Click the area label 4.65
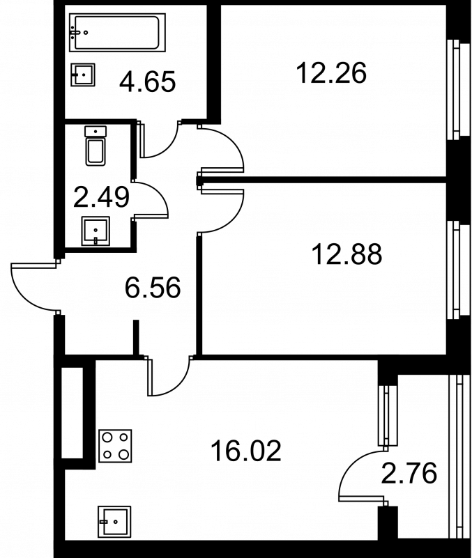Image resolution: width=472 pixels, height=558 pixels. pyautogui.click(x=148, y=82)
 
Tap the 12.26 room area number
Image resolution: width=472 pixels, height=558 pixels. pyautogui.click(x=331, y=73)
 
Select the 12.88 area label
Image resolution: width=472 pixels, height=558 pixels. pyautogui.click(x=347, y=254)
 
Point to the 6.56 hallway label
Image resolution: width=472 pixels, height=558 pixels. pyautogui.click(x=153, y=288)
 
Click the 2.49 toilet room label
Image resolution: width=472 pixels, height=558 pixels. pyautogui.click(x=101, y=198)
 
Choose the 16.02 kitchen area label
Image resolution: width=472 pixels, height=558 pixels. pyautogui.click(x=246, y=451)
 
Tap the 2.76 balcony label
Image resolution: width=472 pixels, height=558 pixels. pyautogui.click(x=409, y=473)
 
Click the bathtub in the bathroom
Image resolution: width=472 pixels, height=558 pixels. pyautogui.click(x=117, y=32)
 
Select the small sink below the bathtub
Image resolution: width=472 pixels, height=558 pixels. pyautogui.click(x=83, y=75)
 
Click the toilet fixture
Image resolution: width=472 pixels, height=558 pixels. pyautogui.click(x=96, y=146)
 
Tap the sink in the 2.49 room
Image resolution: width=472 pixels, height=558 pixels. pyautogui.click(x=96, y=231)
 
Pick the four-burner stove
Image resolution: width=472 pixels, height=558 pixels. pyautogui.click(x=115, y=446)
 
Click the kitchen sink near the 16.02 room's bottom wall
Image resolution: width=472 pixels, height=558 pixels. pyautogui.click(x=114, y=522)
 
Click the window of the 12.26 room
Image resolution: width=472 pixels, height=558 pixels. pyautogui.click(x=459, y=89)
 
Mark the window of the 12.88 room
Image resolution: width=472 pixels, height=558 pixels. pyautogui.click(x=459, y=269)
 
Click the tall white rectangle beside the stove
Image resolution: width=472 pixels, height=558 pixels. pyautogui.click(x=73, y=413)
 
